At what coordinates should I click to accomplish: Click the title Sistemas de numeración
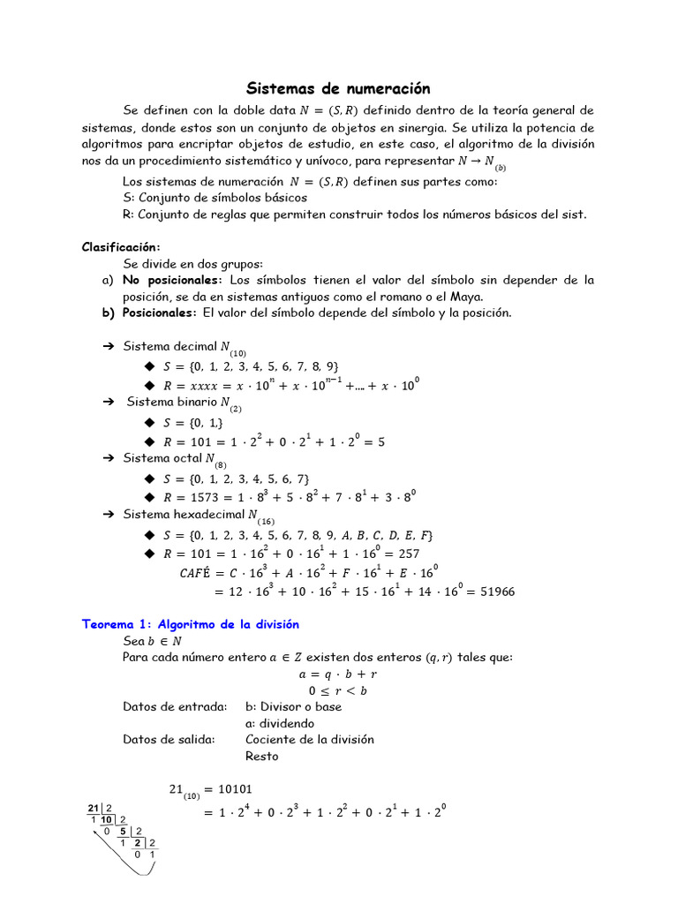pos(338,88)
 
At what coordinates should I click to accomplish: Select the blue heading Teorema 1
pos(190,624)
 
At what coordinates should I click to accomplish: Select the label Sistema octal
pos(164,459)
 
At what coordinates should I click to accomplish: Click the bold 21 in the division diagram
pos(94,809)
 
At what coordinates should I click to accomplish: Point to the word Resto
pos(261,757)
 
